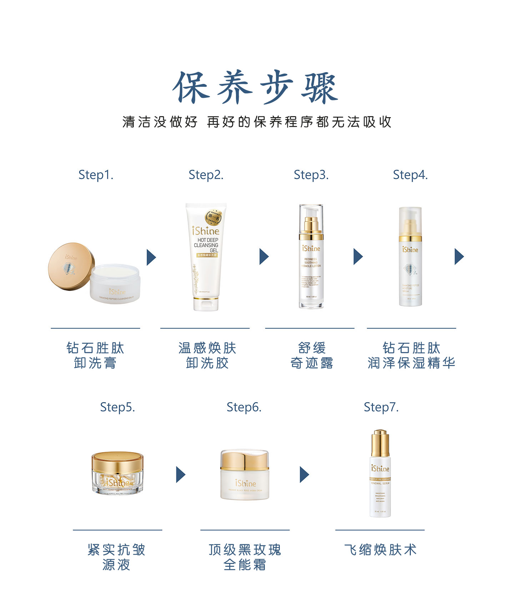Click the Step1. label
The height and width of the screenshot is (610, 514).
tap(96, 175)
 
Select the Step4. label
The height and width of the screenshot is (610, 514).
tap(410, 175)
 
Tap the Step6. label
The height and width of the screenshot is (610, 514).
tap(244, 407)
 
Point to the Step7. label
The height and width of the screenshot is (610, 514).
tap(381, 407)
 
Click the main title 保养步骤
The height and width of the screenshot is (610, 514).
tap(256, 87)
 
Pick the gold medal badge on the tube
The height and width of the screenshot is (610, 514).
tap(213, 217)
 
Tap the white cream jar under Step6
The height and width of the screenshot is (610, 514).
tap(245, 475)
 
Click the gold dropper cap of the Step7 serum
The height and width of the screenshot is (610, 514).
tap(380, 443)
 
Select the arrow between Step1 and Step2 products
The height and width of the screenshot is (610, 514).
tap(151, 257)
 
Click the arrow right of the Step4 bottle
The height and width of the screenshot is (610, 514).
tap(459, 256)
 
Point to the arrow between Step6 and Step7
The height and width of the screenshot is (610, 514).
tap(304, 475)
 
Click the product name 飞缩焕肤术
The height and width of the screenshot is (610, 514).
tap(381, 550)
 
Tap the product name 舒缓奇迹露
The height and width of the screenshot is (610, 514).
tap(312, 355)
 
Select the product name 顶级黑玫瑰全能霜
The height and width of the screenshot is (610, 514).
tap(245, 557)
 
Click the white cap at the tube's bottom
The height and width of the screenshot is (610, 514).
tap(206, 304)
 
